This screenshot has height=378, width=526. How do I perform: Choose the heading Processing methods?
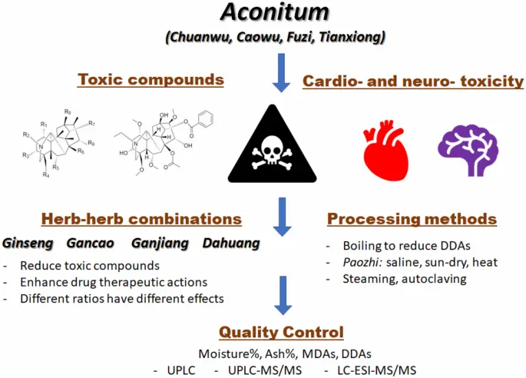412,219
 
